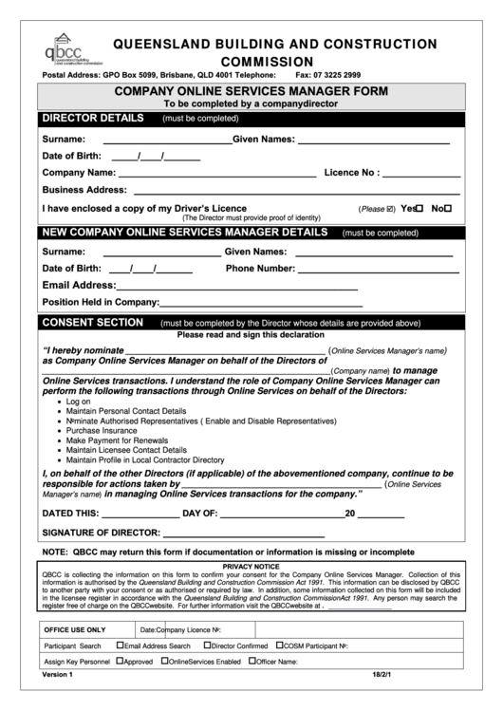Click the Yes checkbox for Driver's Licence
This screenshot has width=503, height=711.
[x=418, y=208]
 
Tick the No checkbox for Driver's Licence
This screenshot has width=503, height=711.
[x=448, y=208]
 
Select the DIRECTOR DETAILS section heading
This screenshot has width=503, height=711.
[x=91, y=119]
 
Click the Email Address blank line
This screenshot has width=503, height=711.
[x=236, y=288]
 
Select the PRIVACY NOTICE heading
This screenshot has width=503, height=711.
[x=251, y=566]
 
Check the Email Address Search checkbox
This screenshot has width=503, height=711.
[x=120, y=645]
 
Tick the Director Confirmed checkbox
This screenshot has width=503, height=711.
[x=205, y=645]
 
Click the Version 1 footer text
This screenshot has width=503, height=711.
[x=57, y=675]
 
